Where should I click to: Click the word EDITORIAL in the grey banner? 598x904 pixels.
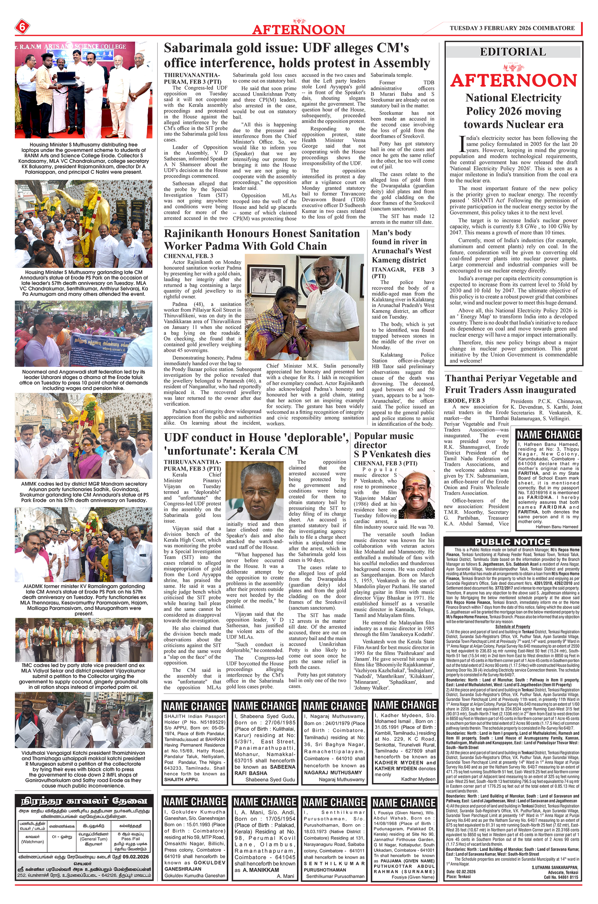513,52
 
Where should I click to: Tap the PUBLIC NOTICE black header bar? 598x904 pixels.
513,542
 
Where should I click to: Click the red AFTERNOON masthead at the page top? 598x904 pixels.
298,29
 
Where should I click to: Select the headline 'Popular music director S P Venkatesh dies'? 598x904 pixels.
392,445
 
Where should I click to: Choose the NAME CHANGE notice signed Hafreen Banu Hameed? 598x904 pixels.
548,480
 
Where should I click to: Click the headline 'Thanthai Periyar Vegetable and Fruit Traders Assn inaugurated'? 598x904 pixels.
510,384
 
